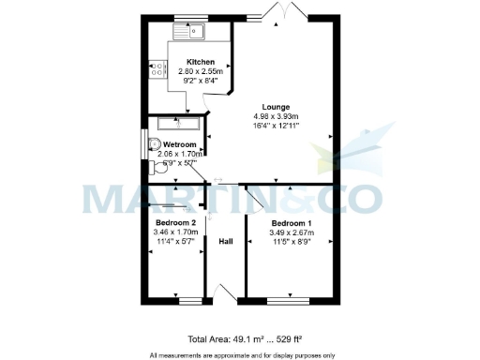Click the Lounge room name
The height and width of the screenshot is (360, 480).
[x=276, y=106]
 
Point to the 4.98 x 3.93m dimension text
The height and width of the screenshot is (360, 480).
[x=276, y=116]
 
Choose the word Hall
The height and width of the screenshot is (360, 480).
[x=225, y=242]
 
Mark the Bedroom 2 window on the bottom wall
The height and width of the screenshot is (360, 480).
[x=190, y=302]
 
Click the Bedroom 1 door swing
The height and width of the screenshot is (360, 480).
[x=254, y=200]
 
